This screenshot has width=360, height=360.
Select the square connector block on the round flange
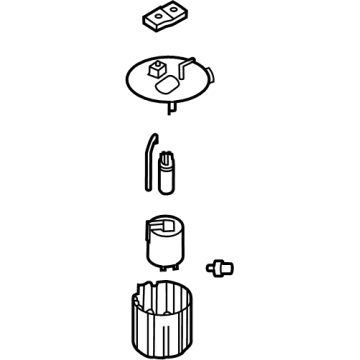[157, 70]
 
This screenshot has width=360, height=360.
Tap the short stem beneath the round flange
[174, 102]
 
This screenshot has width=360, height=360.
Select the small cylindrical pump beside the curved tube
[167, 169]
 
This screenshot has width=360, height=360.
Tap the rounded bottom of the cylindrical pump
[166, 186]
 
